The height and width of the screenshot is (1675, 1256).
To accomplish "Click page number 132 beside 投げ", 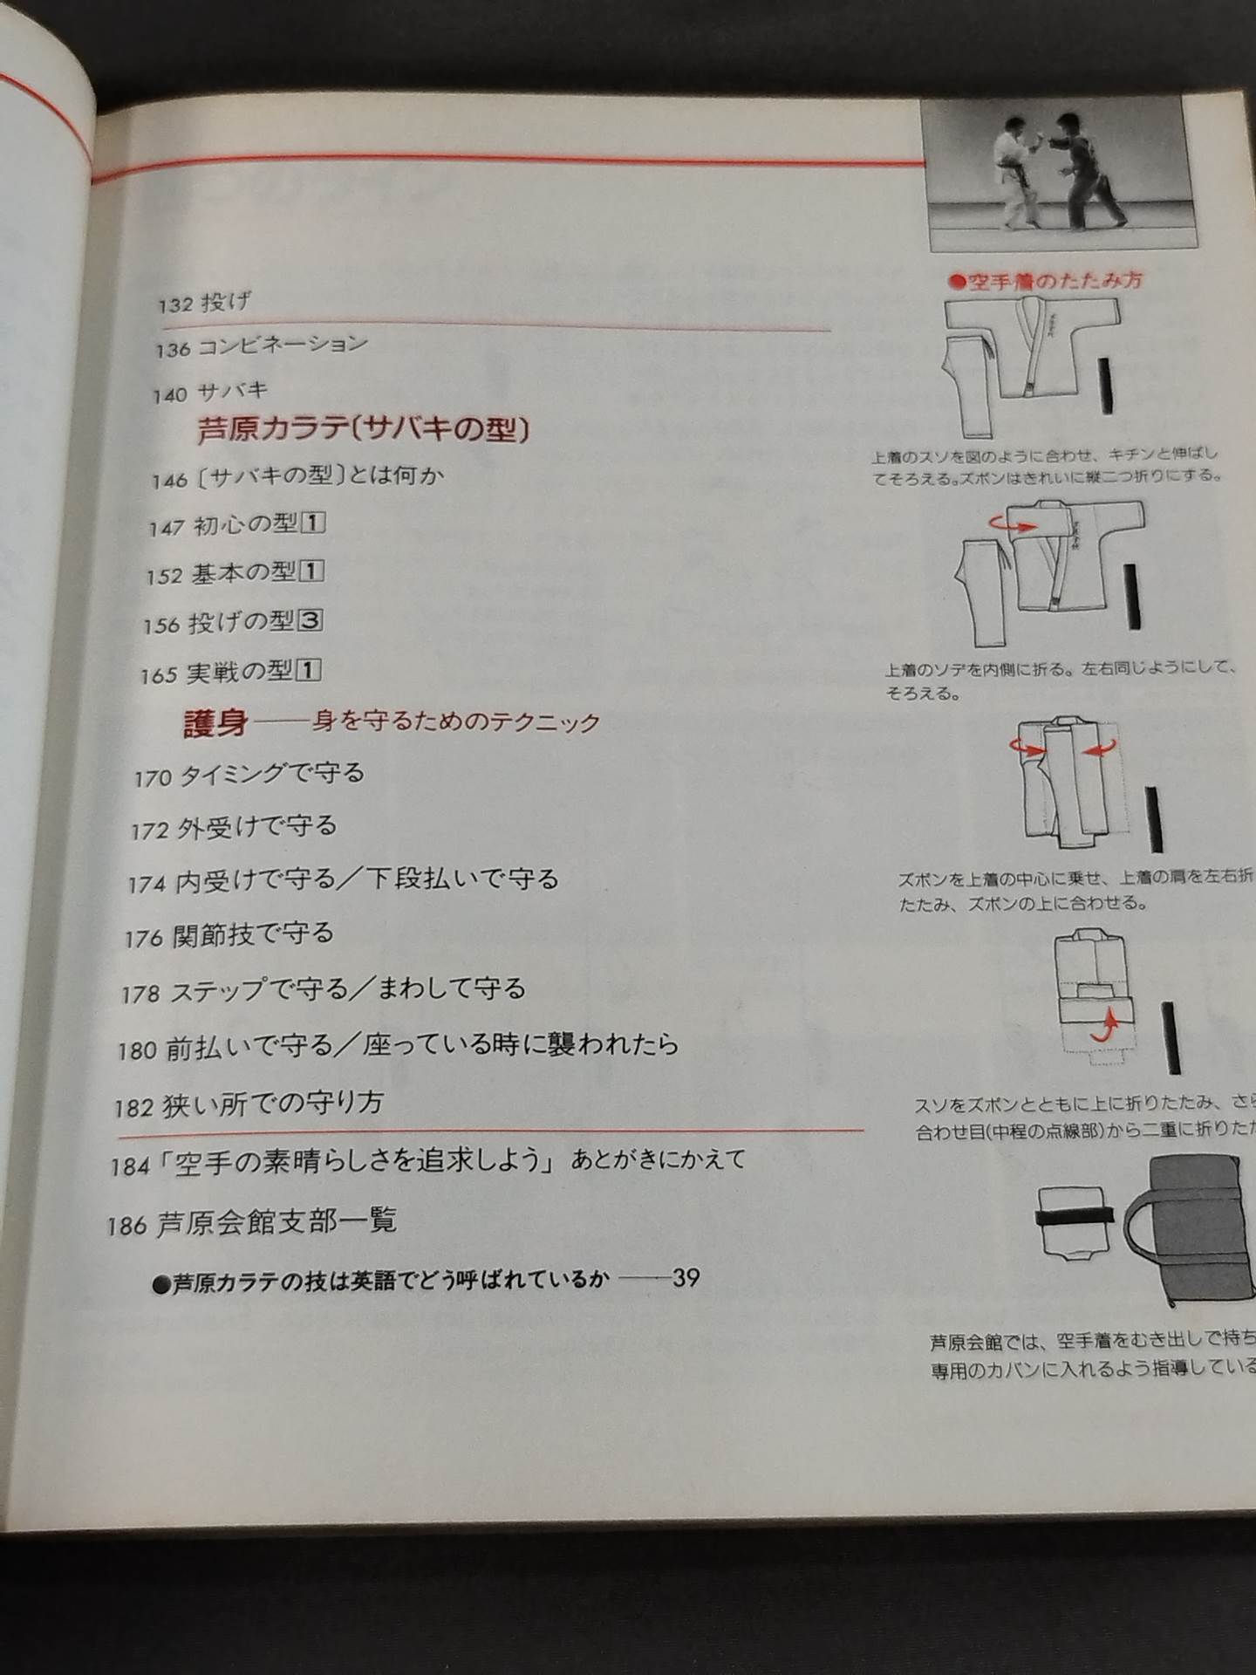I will pos(174,305).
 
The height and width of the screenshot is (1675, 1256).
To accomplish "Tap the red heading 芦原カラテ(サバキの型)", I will pos(365,429).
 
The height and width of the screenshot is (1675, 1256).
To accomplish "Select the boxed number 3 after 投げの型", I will pos(311,621).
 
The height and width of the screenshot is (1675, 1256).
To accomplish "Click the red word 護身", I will pos(215,723).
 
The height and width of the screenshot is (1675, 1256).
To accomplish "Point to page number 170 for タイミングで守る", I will pos(152,778).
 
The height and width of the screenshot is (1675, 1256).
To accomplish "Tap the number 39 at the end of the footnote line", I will pos(686,1278).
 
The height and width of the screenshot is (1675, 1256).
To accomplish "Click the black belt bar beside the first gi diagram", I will pos(1106,384).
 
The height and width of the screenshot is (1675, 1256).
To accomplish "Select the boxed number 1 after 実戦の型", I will pos(309,670).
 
